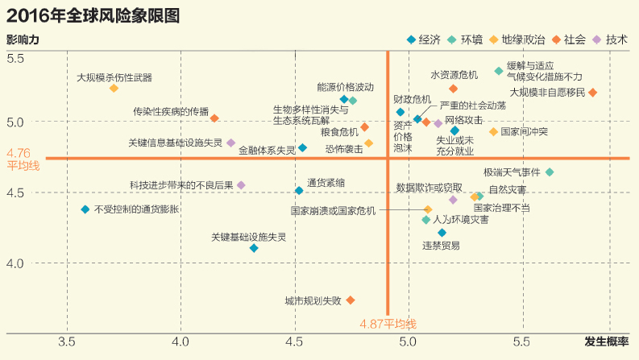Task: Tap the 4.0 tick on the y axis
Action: click(16, 263)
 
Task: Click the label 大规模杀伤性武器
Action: click(114, 78)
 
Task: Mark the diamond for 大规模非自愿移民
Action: click(593, 93)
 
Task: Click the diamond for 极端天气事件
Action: click(550, 172)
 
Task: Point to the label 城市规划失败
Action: click(313, 300)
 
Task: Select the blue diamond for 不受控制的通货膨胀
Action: click(85, 209)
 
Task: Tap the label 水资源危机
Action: click(454, 76)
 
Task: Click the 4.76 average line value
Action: click(18, 152)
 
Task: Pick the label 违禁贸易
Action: click(442, 246)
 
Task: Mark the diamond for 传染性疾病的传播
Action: click(214, 118)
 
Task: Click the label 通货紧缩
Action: click(326, 183)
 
